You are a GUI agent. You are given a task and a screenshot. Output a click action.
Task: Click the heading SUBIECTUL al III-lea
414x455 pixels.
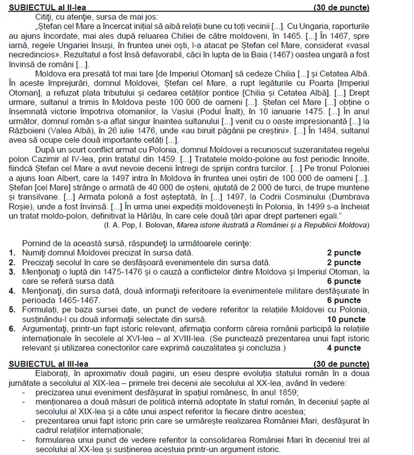pos(45,364)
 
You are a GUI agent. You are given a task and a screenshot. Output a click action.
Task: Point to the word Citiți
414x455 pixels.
pos(46,18)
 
